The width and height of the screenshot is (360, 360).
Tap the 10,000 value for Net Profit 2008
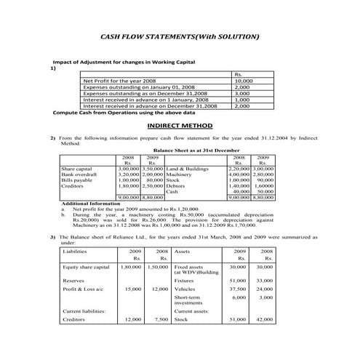tap(243, 81)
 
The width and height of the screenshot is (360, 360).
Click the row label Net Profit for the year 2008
tap(120, 81)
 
